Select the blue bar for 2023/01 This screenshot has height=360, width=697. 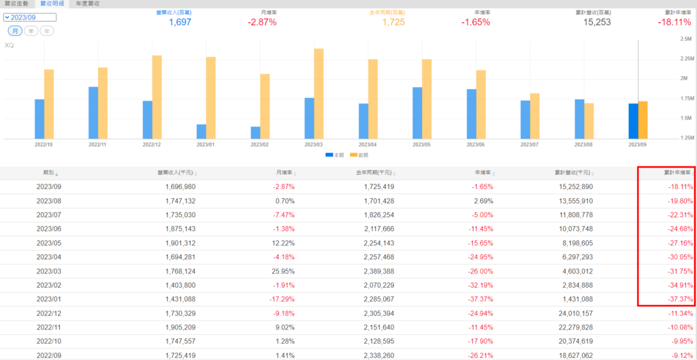(201, 131)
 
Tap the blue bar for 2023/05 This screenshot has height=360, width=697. (417, 113)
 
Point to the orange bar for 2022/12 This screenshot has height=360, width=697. (157, 97)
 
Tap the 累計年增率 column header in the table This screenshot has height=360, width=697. (677, 173)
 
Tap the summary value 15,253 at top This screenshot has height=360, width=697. (597, 22)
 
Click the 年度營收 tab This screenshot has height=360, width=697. (88, 3)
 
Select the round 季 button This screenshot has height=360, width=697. (31, 31)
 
